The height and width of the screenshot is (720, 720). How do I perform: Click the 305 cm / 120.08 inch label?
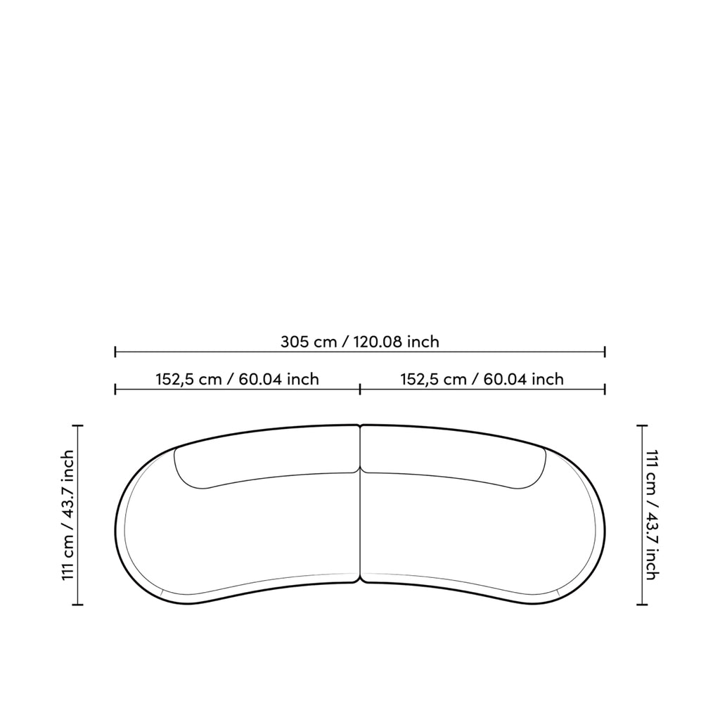pyautogui.click(x=359, y=342)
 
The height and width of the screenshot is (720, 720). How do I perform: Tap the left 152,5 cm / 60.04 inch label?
pyautogui.click(x=237, y=379)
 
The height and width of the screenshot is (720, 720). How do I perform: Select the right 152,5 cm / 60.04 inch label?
pyautogui.click(x=482, y=379)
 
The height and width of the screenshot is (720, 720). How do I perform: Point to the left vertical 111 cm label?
pyautogui.click(x=68, y=515)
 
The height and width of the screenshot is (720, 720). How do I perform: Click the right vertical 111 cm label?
pyautogui.click(x=652, y=515)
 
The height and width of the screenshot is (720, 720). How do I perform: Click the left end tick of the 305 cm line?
pyautogui.click(x=115, y=352)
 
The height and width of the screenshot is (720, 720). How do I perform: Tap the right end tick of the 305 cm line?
pyautogui.click(x=605, y=352)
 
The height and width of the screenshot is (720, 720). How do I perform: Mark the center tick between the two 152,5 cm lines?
pyautogui.click(x=360, y=390)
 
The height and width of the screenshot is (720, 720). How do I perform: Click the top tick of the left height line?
pyautogui.click(x=77, y=426)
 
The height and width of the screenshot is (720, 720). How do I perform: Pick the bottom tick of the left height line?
pyautogui.click(x=77, y=604)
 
